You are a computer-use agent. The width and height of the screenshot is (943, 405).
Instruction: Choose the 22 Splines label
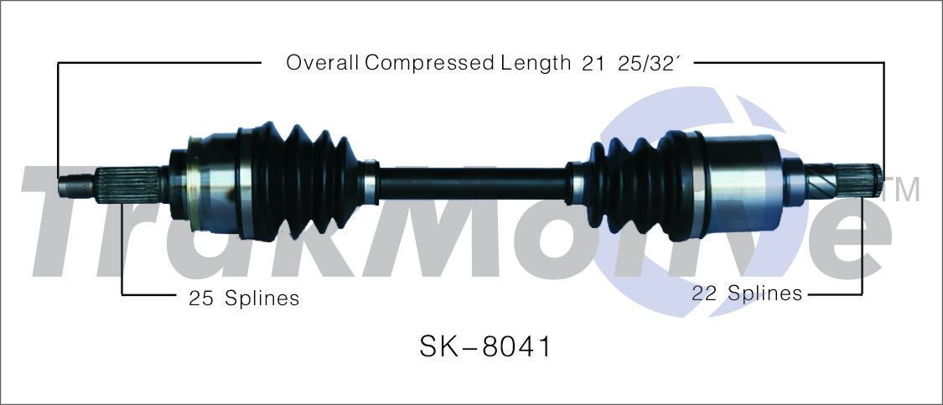pos(746,293)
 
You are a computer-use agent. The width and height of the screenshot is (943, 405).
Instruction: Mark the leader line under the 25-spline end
pos(122,252)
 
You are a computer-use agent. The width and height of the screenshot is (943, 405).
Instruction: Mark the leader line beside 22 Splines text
pos(834,294)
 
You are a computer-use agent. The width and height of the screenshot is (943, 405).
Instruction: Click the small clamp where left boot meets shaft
pos(369,179)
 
